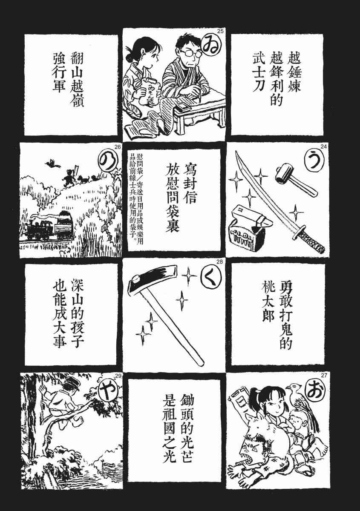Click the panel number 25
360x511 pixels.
(x=220, y=32)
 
